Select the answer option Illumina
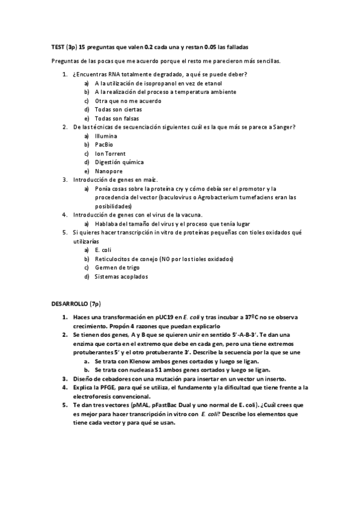[106, 136]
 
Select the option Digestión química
[119, 162]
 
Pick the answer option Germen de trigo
[116, 267]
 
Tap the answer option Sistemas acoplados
[121, 276]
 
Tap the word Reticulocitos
[114, 259]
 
